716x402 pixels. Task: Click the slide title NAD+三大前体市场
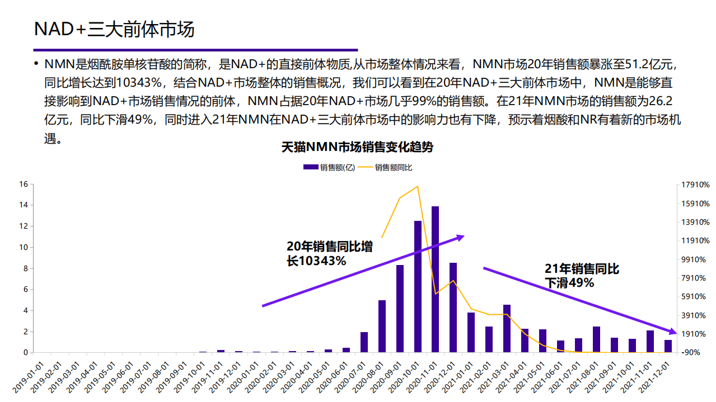pos(114,29)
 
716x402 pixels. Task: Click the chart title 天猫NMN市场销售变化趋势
pos(357,148)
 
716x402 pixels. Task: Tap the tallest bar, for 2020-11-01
pos(435,280)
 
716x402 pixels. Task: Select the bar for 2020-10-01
pos(418,287)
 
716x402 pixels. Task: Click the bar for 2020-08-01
pos(382,327)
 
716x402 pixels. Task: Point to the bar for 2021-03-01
pos(507,329)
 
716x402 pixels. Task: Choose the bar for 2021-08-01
pos(596,339)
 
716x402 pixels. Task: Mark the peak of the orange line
pos(418,186)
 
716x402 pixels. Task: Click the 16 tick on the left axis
pos(24,184)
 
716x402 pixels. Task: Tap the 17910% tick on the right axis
pos(696,185)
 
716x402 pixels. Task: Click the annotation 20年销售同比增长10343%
pos(330,253)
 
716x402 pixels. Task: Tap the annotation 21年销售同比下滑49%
pos(582,276)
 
